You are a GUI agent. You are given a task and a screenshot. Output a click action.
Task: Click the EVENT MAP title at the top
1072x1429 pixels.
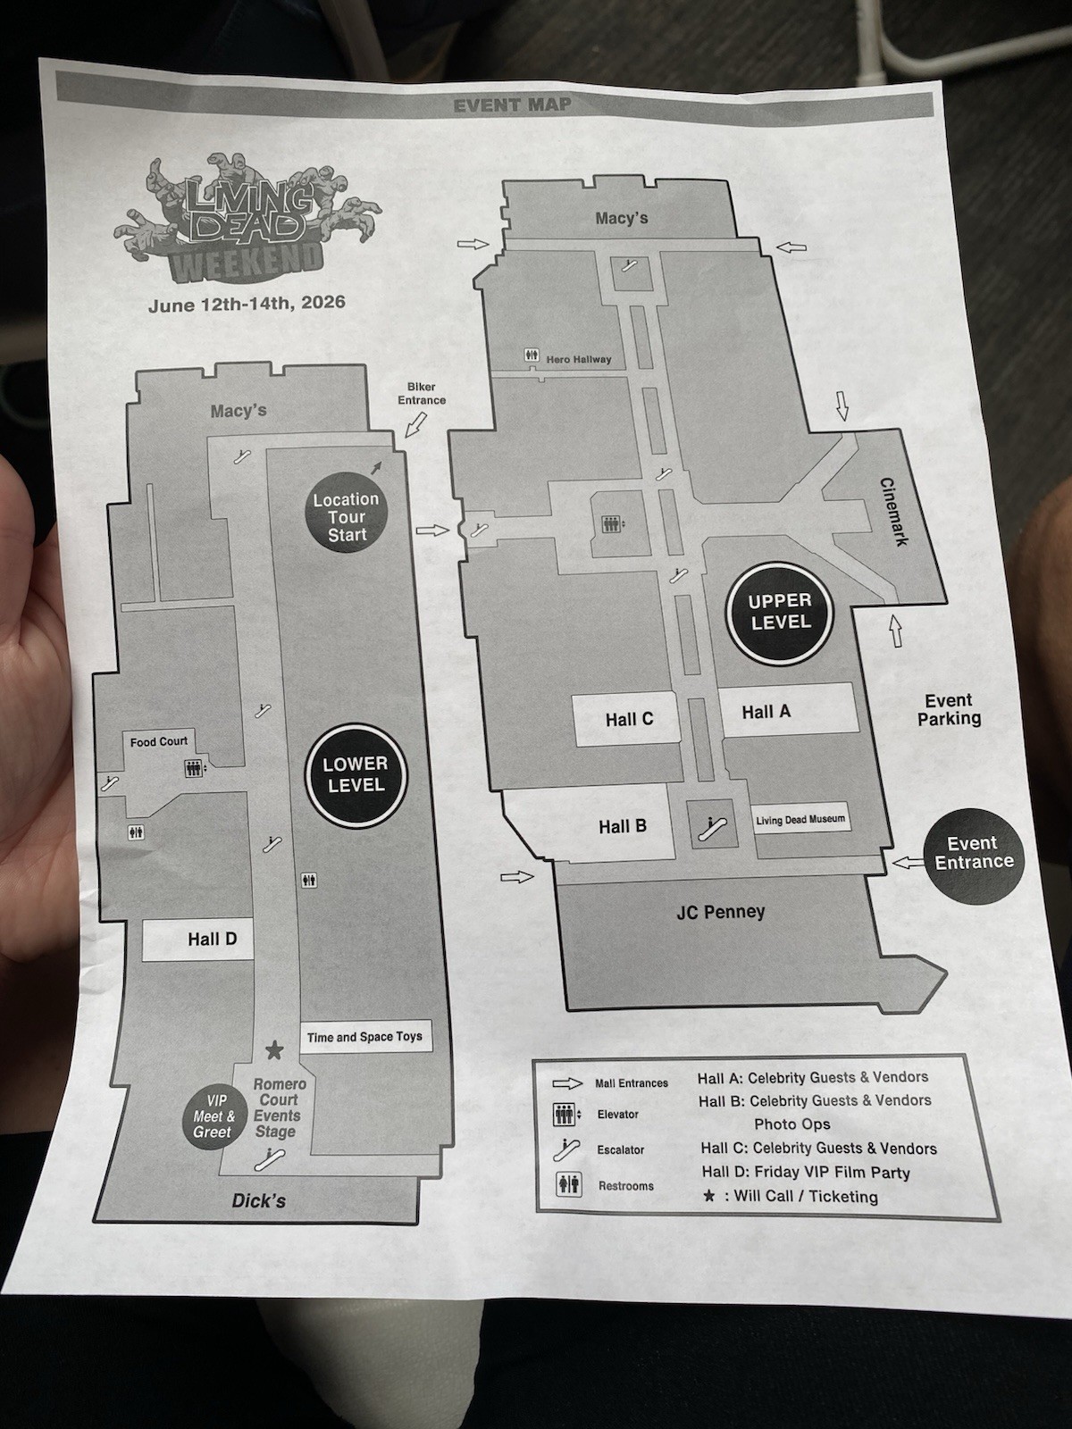pyautogui.click(x=512, y=105)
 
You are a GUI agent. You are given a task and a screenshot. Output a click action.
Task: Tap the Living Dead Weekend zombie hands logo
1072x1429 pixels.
pyautogui.click(x=248, y=218)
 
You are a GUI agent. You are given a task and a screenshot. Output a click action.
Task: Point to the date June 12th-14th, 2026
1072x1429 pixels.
pyautogui.click(x=247, y=304)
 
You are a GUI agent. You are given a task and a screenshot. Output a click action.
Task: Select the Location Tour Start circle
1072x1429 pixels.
pyautogui.click(x=347, y=517)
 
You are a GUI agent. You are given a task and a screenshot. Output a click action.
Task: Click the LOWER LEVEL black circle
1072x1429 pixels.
pyautogui.click(x=356, y=774)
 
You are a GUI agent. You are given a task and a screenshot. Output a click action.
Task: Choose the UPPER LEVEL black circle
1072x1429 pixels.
pyautogui.click(x=780, y=612)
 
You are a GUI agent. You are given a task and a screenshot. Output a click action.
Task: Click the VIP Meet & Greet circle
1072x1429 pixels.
pyautogui.click(x=213, y=1116)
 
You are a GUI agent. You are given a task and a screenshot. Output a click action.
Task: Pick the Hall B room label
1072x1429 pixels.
pyautogui.click(x=623, y=826)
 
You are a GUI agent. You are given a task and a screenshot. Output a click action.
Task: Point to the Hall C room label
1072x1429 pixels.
pyautogui.click(x=629, y=719)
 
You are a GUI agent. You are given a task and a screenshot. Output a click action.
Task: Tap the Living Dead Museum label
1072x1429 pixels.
pyautogui.click(x=800, y=820)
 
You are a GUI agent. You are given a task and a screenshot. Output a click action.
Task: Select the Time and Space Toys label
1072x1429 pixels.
pyautogui.click(x=364, y=1036)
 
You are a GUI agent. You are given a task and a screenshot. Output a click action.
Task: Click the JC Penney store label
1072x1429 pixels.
pyautogui.click(x=720, y=912)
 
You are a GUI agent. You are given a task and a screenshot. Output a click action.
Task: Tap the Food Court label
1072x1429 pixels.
pyautogui.click(x=158, y=741)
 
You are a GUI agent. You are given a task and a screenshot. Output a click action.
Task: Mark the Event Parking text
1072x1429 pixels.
pyautogui.click(x=949, y=710)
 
